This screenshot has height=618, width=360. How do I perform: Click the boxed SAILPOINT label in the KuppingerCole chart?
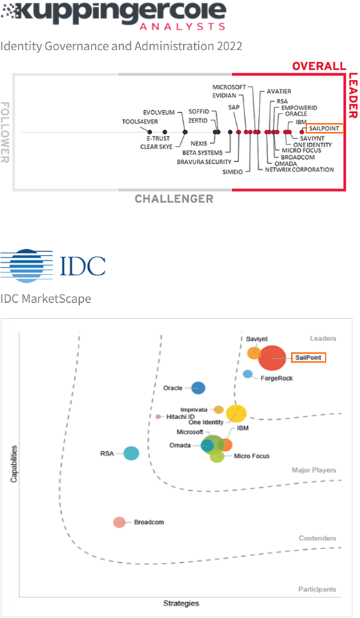click(x=324, y=128)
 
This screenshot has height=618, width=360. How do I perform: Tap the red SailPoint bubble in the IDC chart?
click(x=272, y=358)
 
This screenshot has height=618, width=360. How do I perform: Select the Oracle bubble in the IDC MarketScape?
click(x=198, y=388)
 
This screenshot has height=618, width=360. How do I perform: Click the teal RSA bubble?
click(x=131, y=454)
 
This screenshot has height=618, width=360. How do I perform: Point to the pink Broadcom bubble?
click(x=119, y=522)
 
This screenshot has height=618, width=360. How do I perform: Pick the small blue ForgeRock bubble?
click(x=247, y=374)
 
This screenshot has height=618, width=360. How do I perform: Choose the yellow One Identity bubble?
click(x=236, y=414)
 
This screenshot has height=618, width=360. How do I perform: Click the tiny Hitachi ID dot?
click(x=158, y=416)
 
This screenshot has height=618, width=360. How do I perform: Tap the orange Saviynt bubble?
click(x=254, y=353)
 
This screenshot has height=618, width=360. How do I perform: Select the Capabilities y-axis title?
click(x=14, y=464)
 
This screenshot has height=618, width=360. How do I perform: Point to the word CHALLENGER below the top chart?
click(x=174, y=199)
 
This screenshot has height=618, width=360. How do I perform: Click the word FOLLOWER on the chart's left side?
click(x=5, y=132)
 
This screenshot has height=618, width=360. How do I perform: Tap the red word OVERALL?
click(x=319, y=66)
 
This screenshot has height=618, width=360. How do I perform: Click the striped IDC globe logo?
click(x=26, y=266)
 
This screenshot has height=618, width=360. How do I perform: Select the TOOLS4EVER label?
click(x=140, y=121)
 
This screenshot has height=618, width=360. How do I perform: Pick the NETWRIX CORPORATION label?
click(x=299, y=169)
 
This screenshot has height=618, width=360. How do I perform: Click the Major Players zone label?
click(x=314, y=470)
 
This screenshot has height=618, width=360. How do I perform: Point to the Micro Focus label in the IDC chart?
click(x=251, y=456)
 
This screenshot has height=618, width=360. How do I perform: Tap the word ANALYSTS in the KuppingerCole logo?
click(x=182, y=26)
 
